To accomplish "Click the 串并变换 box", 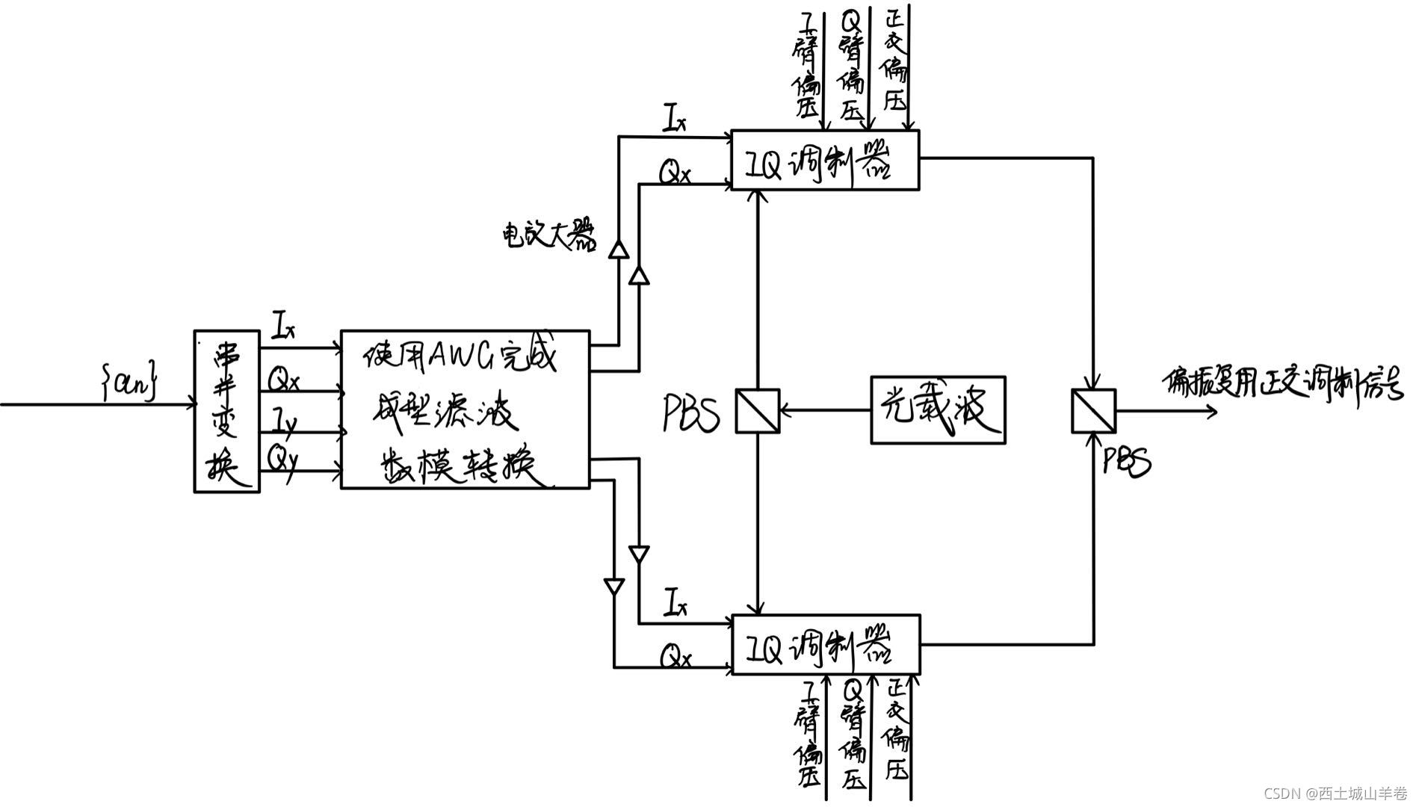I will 226,412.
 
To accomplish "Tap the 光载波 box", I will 938,409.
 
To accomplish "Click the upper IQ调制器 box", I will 824,161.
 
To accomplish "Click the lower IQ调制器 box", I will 825,645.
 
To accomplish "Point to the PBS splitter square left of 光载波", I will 757,410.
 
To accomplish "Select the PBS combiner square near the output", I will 1093,411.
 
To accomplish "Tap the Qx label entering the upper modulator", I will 674,173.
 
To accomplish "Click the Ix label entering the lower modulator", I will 675,602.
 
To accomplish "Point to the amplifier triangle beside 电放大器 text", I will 618,249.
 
